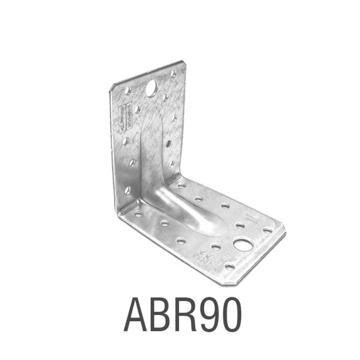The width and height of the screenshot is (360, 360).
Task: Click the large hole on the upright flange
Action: pyautogui.click(x=151, y=90)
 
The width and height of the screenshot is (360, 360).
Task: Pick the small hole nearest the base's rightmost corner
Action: pyautogui.click(x=268, y=230)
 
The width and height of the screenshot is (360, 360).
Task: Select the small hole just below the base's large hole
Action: pyautogui.click(x=230, y=266)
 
